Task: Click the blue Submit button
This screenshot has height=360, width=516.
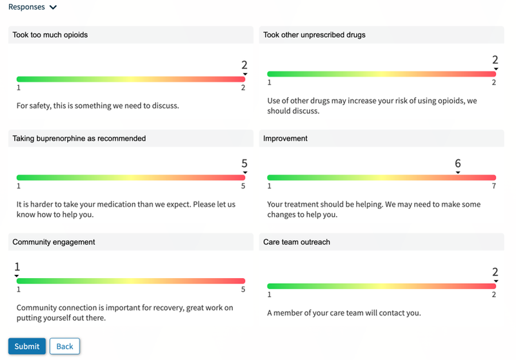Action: coord(27,346)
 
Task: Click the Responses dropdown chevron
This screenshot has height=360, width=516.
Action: coord(53,8)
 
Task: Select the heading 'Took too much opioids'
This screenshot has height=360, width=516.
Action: coord(50,35)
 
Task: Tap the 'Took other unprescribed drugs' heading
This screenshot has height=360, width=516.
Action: coord(314,35)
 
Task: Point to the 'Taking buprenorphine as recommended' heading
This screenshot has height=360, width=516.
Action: coord(79,138)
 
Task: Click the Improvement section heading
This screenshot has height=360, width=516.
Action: coord(286,138)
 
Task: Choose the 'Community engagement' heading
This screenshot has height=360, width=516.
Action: coord(54,242)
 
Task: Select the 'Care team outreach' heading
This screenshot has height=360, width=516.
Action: coord(297,242)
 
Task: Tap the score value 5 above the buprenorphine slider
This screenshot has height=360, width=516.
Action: coord(244,164)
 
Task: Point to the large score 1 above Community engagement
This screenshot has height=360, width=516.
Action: coord(17,267)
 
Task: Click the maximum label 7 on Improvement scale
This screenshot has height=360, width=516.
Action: coord(493,186)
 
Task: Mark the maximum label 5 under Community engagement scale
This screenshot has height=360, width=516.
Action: coord(243,290)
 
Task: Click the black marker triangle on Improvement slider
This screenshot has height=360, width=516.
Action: coord(458,172)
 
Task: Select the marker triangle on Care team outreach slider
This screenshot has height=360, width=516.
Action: coord(495,281)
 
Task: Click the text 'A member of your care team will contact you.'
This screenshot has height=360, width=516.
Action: coord(344,313)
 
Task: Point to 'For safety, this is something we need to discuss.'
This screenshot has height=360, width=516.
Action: coord(97,105)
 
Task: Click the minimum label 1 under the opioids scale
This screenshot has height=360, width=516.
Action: coord(19,88)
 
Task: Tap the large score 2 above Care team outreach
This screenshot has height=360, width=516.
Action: coord(495,272)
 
